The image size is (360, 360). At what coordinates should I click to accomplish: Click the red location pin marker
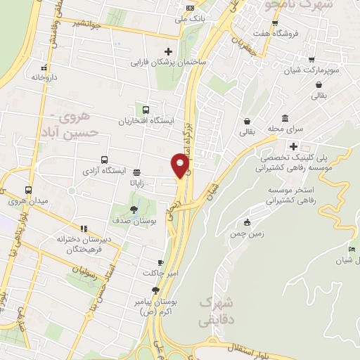[x=181, y=166]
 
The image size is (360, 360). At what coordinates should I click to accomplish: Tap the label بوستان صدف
[x=133, y=221]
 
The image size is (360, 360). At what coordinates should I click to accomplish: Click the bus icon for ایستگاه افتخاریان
[x=146, y=110]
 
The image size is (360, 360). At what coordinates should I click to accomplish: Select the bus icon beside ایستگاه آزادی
[x=104, y=160]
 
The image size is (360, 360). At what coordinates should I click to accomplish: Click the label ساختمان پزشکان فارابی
[x=167, y=63]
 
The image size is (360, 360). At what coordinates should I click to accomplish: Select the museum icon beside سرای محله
[x=284, y=118]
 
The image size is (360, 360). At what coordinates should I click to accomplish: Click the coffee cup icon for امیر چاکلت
[x=162, y=262]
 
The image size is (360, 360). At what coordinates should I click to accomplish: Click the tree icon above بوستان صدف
[x=134, y=210]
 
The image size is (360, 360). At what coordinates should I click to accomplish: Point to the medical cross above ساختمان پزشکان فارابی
[x=167, y=51]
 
